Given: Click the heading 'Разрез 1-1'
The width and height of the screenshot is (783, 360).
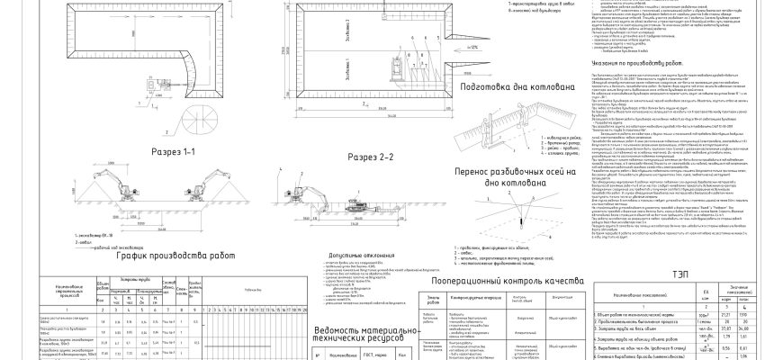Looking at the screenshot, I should coord(176,154).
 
